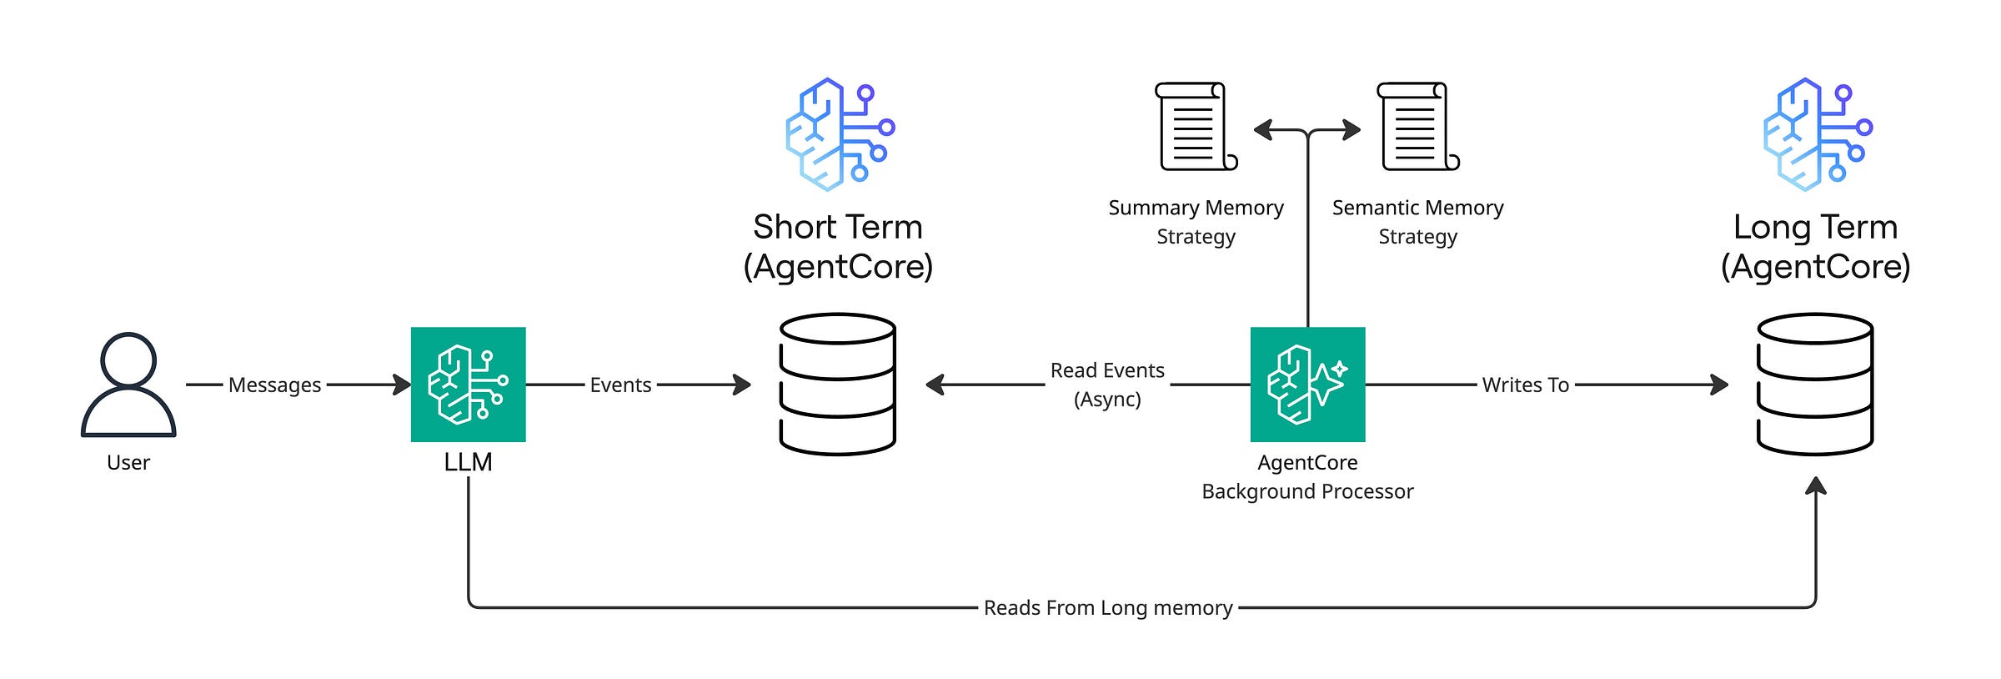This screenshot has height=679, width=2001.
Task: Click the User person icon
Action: pos(128,385)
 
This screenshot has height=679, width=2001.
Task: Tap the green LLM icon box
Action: pos(469,385)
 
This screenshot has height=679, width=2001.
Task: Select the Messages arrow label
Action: pos(274,385)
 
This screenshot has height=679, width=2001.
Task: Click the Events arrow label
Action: pos(620,385)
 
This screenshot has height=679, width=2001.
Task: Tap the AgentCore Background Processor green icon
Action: pos(1308,385)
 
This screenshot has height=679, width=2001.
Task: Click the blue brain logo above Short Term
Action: pos(840,134)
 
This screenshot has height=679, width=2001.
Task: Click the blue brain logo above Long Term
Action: pos(1818,134)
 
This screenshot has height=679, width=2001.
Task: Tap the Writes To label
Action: pos(1526,385)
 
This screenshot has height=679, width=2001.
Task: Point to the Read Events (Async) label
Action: pos(1107,385)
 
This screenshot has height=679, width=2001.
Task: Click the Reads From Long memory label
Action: pos(1108,608)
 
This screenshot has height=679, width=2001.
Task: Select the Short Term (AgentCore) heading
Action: pos(838,247)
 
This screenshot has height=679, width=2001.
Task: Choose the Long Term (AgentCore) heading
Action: pos(1816,247)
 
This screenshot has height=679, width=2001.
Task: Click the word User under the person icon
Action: pos(128,463)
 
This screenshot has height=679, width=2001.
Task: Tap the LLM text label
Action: pos(469,462)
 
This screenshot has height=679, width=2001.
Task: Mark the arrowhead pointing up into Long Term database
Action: pos(1816,486)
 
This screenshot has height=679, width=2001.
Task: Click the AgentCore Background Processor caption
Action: pos(1308,477)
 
